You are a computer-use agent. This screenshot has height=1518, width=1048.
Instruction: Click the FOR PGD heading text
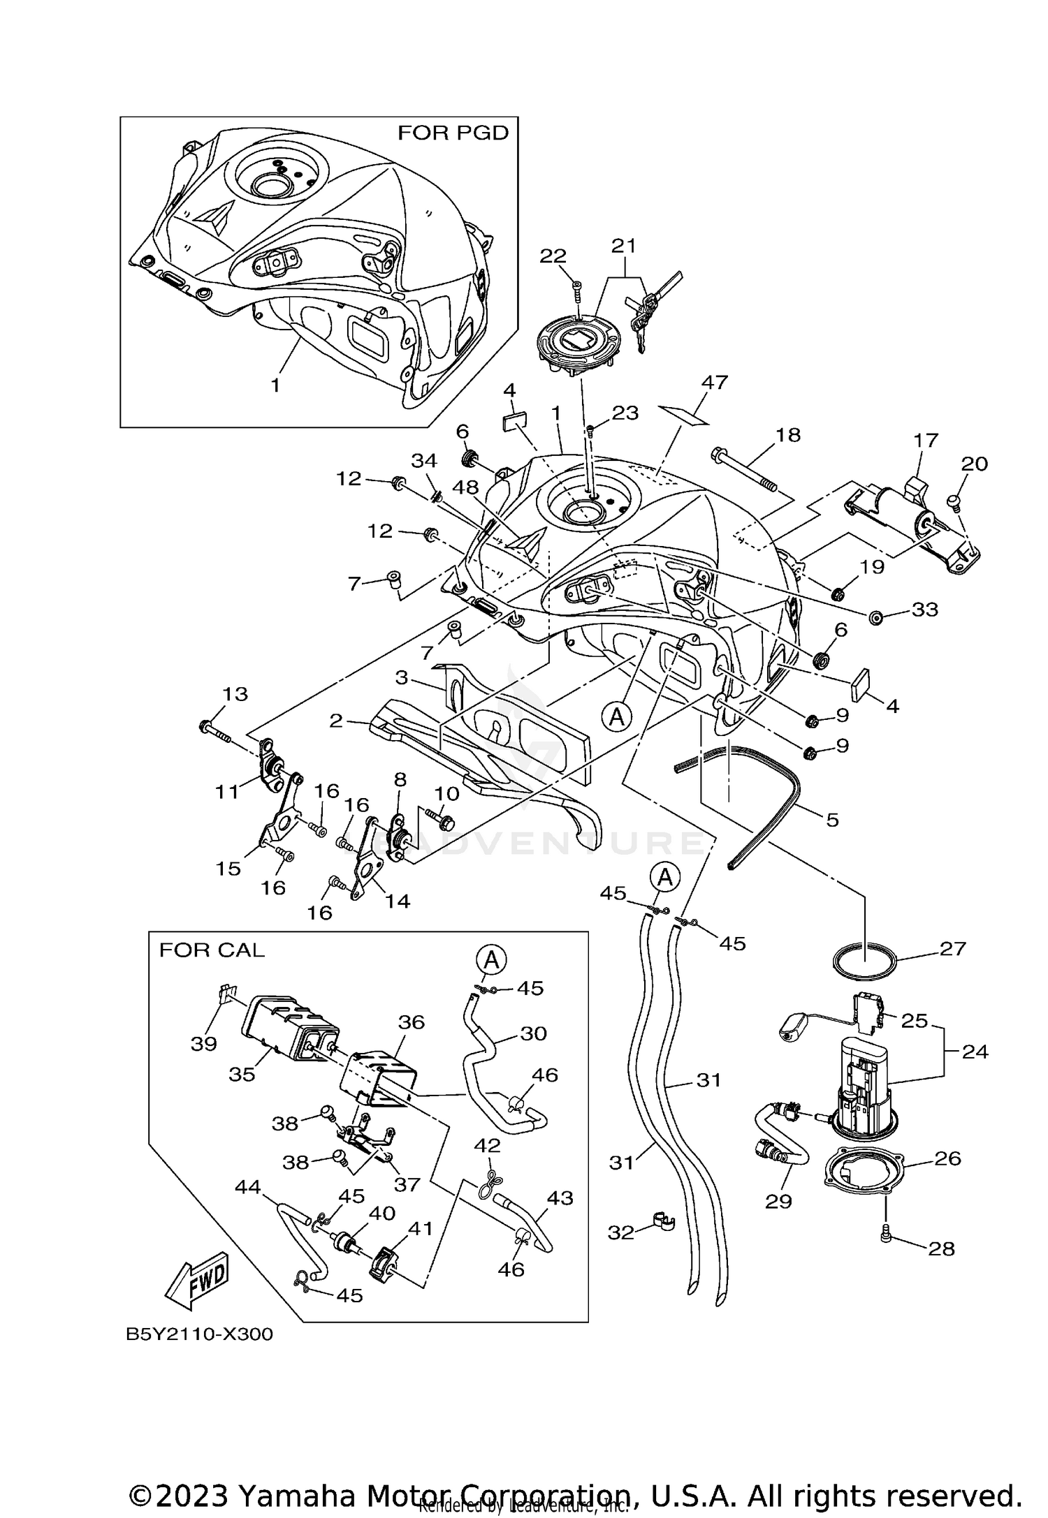pos(453,133)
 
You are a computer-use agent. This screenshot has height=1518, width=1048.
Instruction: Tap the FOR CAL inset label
pos(212,950)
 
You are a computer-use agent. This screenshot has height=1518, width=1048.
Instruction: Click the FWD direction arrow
pos(198,1281)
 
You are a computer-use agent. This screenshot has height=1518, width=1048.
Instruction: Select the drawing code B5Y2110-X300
pos(199,1334)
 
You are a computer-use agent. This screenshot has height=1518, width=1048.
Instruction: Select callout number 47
pos(715,383)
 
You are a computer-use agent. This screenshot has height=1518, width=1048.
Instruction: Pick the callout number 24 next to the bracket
pos(975,1051)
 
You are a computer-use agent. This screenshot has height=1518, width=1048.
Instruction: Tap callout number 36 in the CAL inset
pos(412,1022)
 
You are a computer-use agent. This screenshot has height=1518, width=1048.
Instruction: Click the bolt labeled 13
pos(214,730)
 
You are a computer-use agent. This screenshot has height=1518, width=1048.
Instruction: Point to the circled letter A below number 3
pos(616,716)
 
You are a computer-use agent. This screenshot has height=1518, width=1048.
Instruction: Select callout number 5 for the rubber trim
pos(831,819)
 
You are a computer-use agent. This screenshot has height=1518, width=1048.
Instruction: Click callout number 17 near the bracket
pos(926,441)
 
